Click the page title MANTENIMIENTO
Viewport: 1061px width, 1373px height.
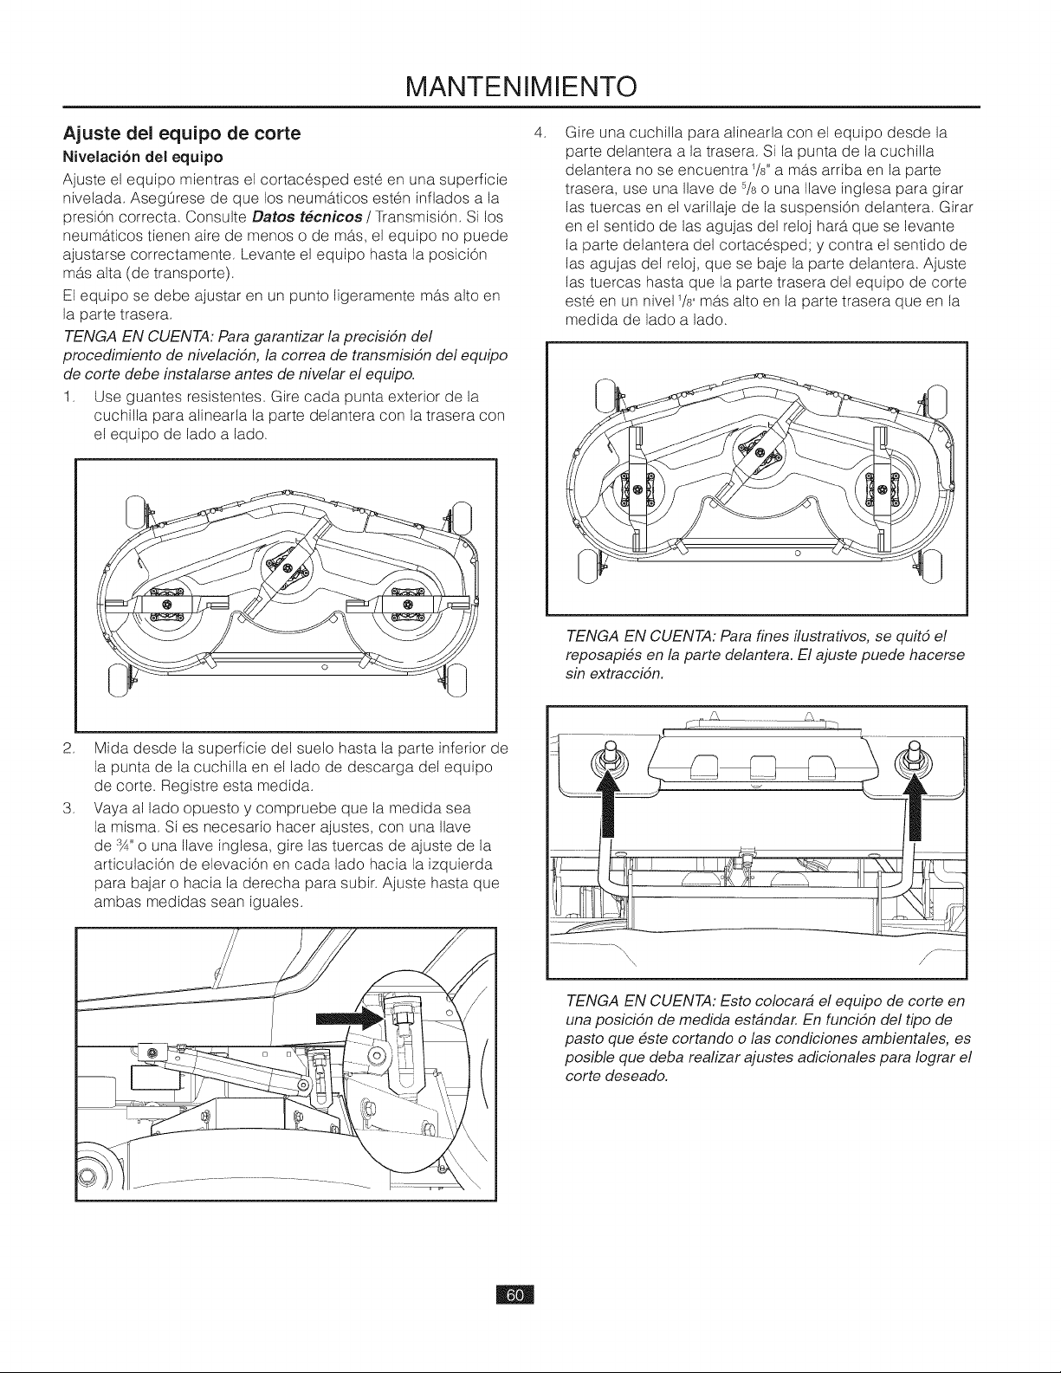coord(521,87)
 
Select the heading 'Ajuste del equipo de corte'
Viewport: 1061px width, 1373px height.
coord(182,134)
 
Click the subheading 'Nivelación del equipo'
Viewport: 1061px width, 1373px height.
coord(143,156)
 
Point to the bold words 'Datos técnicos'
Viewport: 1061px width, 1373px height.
coord(307,217)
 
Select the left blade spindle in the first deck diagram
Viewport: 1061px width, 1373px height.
coord(166,605)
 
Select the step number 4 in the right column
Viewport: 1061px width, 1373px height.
coord(539,133)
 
